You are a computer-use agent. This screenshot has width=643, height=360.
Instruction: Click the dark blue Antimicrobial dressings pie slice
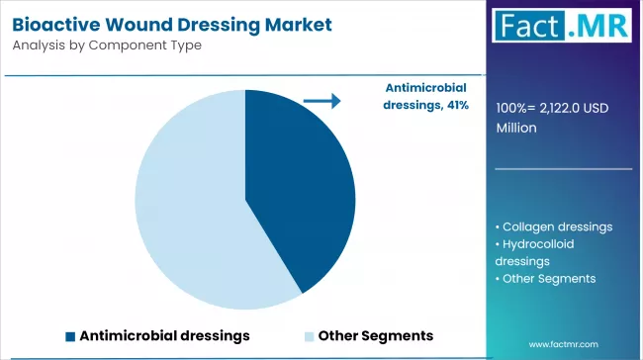(x=297, y=188)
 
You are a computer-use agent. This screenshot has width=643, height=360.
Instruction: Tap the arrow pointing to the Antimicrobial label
(x=321, y=100)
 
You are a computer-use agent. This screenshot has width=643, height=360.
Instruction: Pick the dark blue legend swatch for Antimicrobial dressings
(x=70, y=335)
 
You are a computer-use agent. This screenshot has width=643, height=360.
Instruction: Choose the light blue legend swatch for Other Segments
(x=310, y=335)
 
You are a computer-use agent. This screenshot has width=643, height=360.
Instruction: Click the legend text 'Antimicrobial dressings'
(x=164, y=335)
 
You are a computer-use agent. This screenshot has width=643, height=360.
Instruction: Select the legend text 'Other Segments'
(x=376, y=335)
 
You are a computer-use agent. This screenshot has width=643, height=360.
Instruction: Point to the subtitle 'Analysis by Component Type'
(x=108, y=45)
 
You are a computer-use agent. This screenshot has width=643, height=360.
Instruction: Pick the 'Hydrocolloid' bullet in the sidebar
(x=538, y=243)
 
